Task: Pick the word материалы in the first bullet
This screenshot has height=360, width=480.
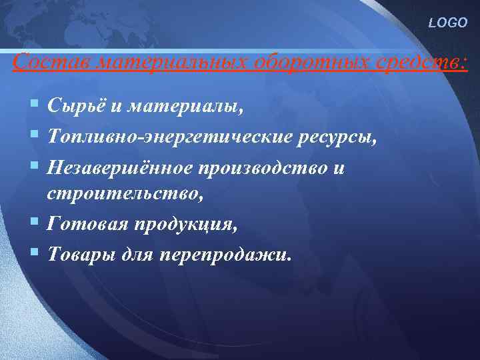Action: [186, 105]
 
